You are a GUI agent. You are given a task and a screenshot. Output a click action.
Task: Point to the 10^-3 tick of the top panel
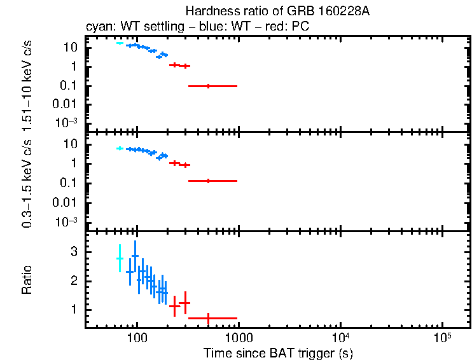(66, 122)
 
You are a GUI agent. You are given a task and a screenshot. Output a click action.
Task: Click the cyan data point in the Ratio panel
(120, 258)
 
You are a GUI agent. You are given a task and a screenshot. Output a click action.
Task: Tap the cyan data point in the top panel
(120, 43)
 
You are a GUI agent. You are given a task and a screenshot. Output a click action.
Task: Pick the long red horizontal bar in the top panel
(212, 86)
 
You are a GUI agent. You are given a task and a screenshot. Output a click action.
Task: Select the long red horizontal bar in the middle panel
(212, 181)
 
